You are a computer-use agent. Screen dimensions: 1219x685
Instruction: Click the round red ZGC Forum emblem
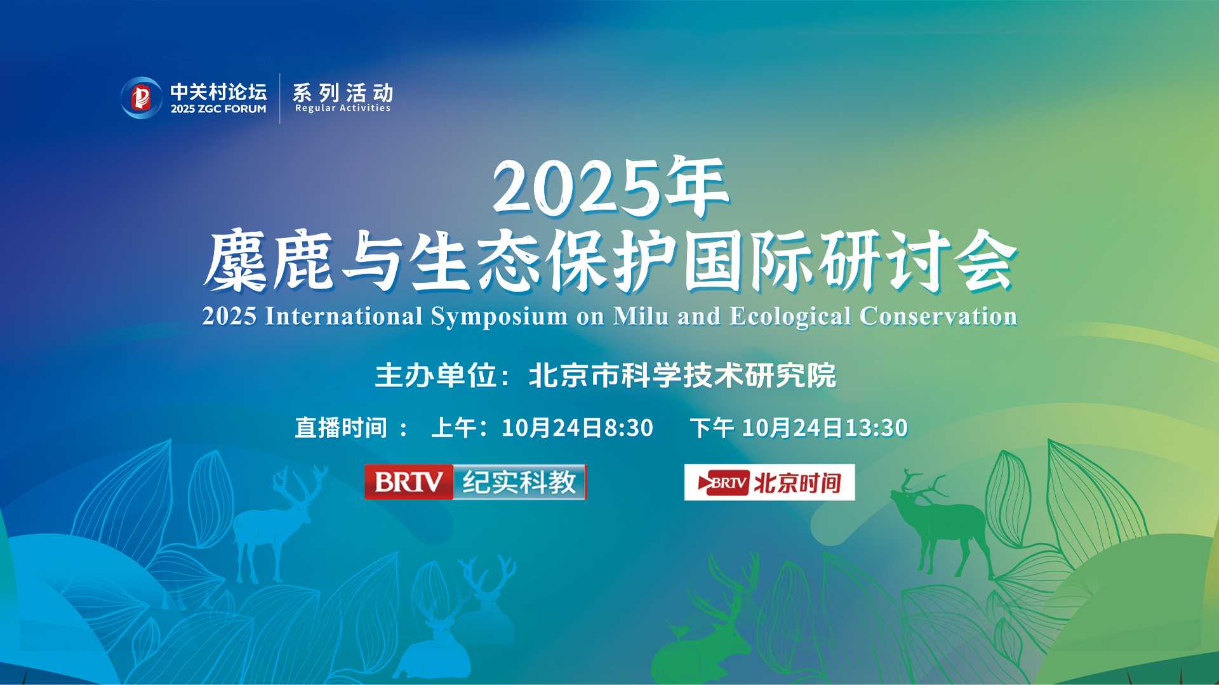click(142, 98)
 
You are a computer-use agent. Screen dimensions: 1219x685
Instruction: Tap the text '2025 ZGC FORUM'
click(218, 109)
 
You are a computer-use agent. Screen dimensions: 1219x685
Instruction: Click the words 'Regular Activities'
click(343, 108)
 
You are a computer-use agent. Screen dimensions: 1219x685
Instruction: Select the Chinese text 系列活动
click(343, 93)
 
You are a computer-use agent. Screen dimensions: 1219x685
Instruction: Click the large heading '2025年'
click(610, 187)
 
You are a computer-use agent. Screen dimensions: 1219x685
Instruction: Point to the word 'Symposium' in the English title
click(499, 316)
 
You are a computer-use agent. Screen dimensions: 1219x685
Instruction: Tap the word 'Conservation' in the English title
click(938, 315)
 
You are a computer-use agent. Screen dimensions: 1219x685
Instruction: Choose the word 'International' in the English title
click(344, 315)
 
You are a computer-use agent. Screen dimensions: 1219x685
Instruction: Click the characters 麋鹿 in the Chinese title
click(269, 261)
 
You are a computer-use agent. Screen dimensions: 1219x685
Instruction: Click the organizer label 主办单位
click(437, 375)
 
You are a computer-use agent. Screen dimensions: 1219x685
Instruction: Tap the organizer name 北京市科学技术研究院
click(683, 375)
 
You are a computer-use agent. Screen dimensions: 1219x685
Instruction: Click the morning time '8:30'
click(629, 428)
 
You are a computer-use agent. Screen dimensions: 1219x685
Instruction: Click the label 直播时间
click(342, 428)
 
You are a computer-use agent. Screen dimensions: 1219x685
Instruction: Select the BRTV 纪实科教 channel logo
click(476, 482)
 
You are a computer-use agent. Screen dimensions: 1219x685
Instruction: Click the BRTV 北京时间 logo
click(769, 483)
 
